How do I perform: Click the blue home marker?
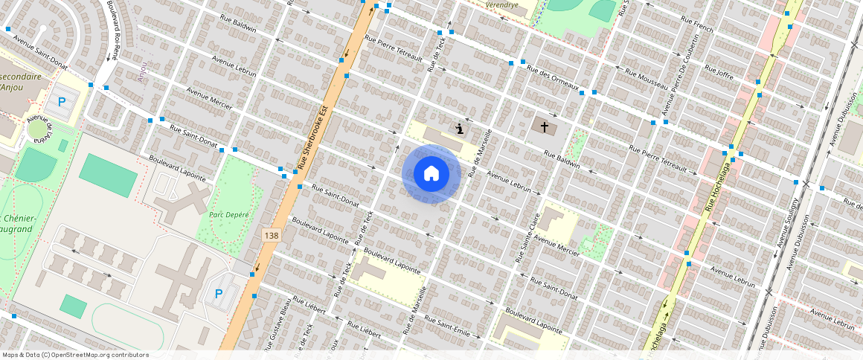pos(431,174)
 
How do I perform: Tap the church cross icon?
pos(545,127)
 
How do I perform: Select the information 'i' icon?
pos(461,129)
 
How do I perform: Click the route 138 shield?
pos(272,235)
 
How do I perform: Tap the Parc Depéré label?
pos(228,215)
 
